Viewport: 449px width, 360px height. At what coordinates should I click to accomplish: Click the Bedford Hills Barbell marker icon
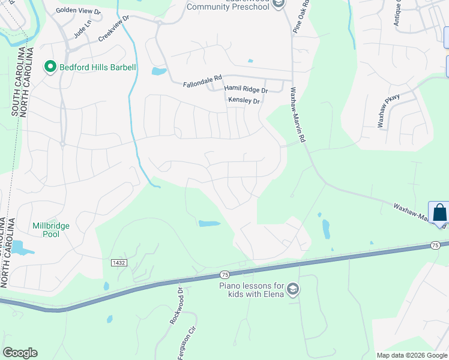50,67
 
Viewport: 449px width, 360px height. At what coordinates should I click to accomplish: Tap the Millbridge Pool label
51,230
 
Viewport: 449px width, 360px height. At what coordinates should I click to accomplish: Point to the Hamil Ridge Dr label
246,89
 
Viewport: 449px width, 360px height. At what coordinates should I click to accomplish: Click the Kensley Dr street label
244,101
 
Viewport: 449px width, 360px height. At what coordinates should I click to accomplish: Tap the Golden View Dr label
79,10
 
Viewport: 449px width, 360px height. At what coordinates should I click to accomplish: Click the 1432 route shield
118,263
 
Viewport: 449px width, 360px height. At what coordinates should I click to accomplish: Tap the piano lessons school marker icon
293,290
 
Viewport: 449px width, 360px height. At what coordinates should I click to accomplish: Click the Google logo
20,353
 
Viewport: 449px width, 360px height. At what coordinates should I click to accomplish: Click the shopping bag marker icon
439,213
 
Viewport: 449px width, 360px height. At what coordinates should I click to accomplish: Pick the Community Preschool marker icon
277,4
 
